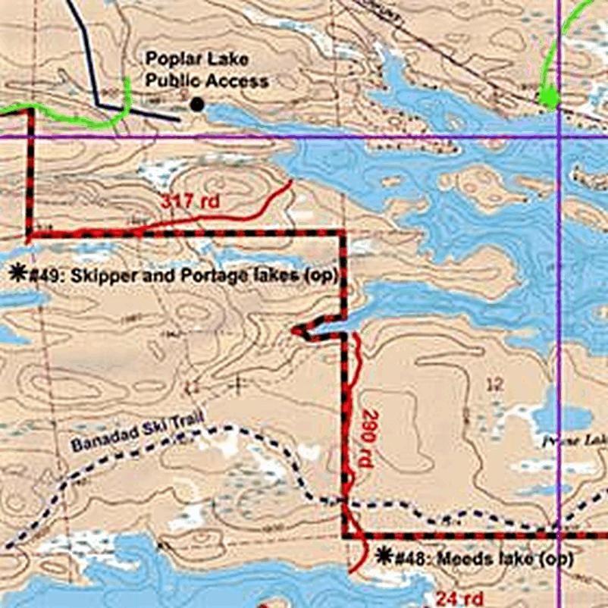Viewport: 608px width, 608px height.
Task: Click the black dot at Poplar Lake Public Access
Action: (197, 105)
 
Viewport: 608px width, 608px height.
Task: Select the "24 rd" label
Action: (459, 597)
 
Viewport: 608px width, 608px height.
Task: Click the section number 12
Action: (494, 385)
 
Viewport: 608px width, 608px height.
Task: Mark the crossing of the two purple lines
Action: (559, 137)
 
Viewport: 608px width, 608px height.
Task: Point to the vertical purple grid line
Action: (559, 303)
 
